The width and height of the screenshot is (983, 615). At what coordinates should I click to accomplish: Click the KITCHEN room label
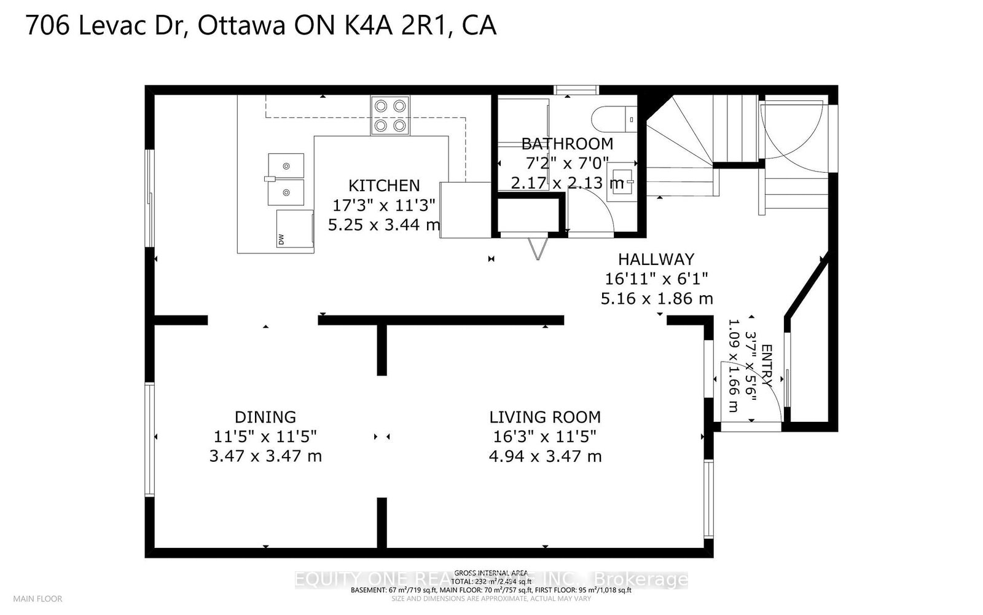click(x=384, y=185)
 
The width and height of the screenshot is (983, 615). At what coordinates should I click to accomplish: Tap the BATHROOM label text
click(x=567, y=144)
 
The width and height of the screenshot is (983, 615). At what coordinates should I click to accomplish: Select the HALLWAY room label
click(x=656, y=259)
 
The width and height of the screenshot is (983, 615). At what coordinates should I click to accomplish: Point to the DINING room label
click(x=265, y=417)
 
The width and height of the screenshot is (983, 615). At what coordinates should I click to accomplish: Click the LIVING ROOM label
click(x=545, y=417)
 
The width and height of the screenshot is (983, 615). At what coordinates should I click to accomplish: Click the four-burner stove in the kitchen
click(x=390, y=116)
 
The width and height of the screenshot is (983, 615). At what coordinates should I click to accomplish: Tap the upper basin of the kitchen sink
click(x=286, y=165)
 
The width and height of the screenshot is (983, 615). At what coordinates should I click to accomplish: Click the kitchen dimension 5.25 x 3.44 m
click(x=384, y=224)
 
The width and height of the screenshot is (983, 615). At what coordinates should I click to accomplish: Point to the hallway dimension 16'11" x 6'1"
click(x=656, y=279)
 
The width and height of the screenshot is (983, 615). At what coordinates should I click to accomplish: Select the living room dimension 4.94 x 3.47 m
click(x=545, y=456)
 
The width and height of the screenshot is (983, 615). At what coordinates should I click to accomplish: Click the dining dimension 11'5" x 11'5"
click(x=265, y=437)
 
